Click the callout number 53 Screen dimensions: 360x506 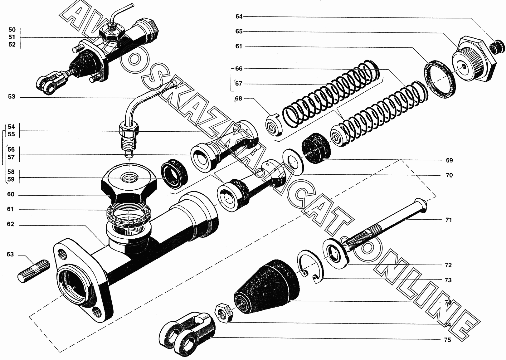pos(12,97)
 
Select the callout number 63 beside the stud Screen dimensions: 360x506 pos(10,255)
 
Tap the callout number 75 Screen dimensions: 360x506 pos(447,340)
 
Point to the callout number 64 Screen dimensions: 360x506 pos(239,16)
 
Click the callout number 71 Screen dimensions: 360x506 pos(448,220)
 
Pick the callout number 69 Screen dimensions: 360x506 pos(449,160)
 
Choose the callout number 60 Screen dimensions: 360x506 pos(11,195)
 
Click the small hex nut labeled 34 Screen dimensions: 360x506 pos(224,312)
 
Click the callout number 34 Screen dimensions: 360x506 pos(447,325)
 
